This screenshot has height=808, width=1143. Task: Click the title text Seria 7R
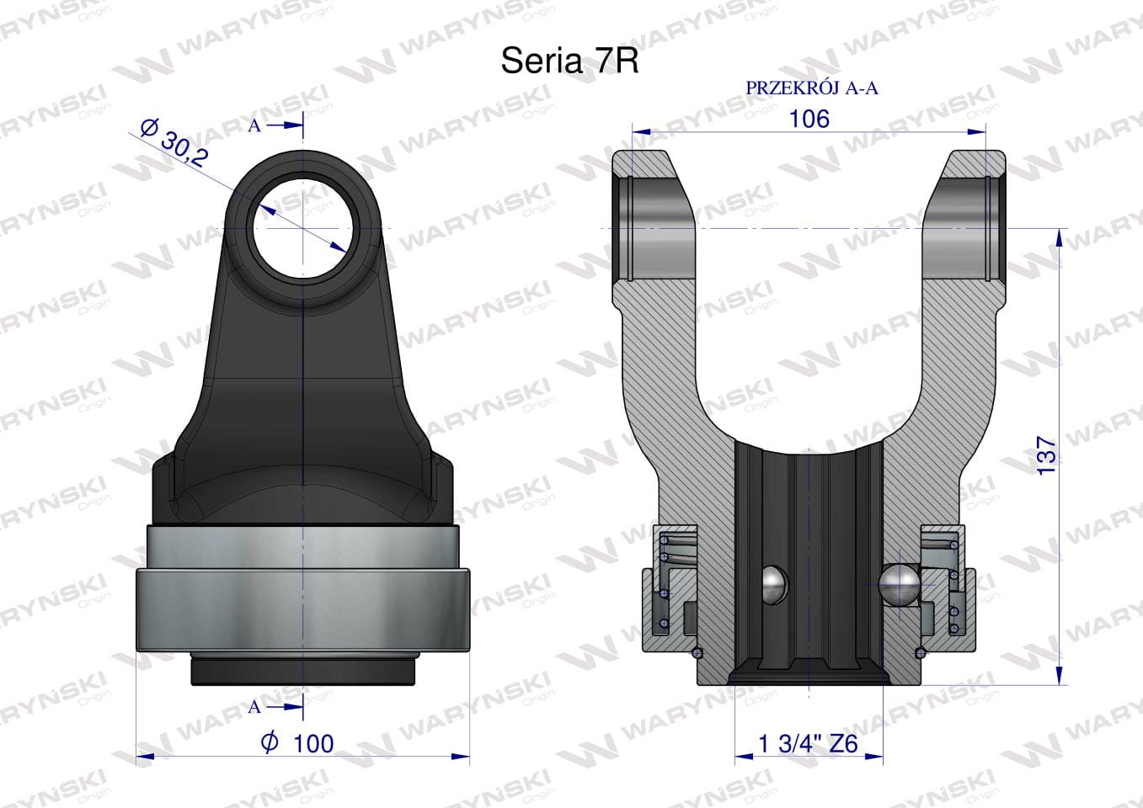(569, 61)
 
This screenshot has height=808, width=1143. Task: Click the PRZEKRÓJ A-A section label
(812, 88)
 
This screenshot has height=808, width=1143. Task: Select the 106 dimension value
(809, 119)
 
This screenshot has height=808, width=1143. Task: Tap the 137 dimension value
(1046, 455)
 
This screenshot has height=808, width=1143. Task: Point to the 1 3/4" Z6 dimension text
(809, 744)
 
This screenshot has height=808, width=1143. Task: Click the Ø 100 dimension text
(297, 743)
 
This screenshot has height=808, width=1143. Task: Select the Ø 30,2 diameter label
(174, 142)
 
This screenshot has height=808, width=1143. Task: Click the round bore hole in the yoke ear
(303, 228)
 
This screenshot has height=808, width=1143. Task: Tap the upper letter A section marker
(254, 125)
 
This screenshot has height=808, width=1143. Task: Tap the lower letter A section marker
(254, 707)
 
